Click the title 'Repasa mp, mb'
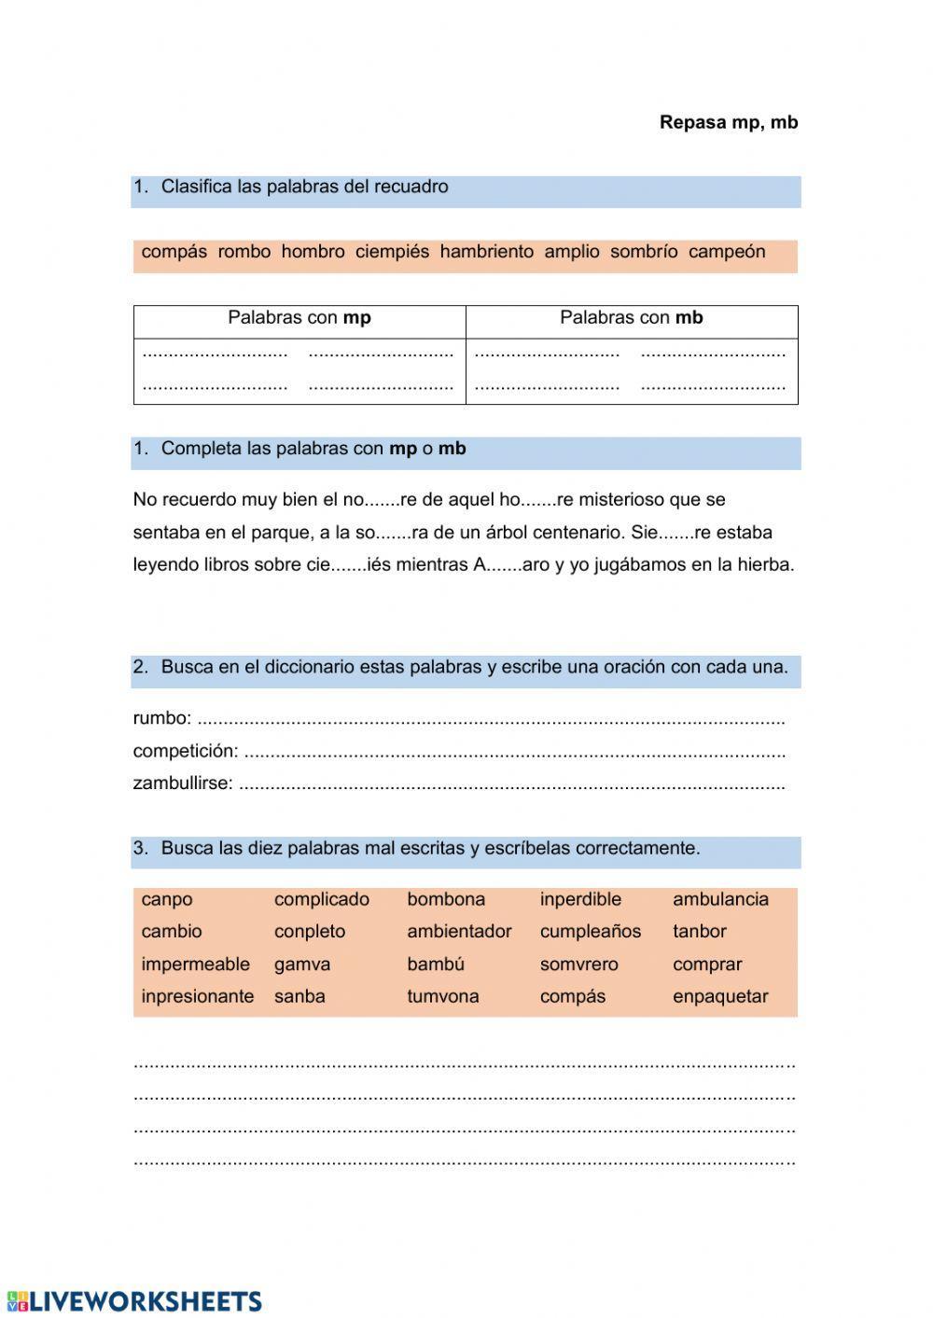[x=728, y=122]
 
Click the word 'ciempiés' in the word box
[x=392, y=252]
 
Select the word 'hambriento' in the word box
[x=486, y=252]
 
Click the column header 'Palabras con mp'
[x=299, y=318]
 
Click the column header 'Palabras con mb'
[x=631, y=318]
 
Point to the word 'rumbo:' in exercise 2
[x=162, y=718]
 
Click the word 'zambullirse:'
[x=183, y=784]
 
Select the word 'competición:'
[x=186, y=751]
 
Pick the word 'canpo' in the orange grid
[x=167, y=900]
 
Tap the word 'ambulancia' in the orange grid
[x=720, y=900]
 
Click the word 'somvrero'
[x=578, y=964]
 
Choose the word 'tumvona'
[x=442, y=996]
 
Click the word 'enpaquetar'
[x=720, y=996]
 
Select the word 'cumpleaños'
[x=590, y=932]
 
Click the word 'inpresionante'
[x=197, y=996]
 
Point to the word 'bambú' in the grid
[x=436, y=964]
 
